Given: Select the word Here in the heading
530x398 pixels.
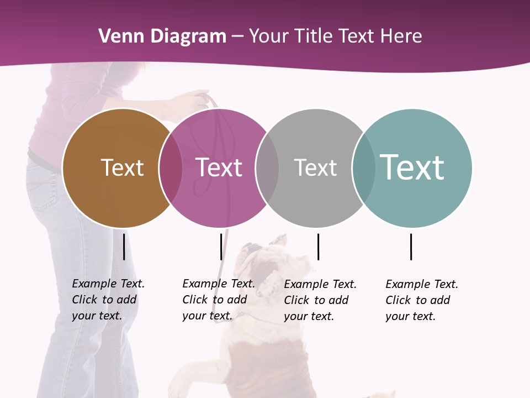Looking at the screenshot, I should coord(401,36).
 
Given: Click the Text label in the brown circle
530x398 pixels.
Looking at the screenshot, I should coord(122,167).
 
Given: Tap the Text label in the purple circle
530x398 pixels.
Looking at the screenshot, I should coord(219,167).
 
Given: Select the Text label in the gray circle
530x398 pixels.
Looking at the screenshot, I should coord(315,167).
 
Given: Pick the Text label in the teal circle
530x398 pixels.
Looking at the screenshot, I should coord(412,167).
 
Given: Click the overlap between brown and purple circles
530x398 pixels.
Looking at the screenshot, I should coord(171,168).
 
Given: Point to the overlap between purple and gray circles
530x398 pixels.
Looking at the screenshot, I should coord(267,168).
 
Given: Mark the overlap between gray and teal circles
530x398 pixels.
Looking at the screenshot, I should coord(363,168).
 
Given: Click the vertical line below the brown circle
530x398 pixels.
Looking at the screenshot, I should coord(124,247).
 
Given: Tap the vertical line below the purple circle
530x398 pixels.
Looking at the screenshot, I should coord(221,247).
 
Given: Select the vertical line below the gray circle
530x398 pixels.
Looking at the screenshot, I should coord(318,247).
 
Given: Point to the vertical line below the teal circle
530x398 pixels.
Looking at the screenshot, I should coord(411,247).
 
